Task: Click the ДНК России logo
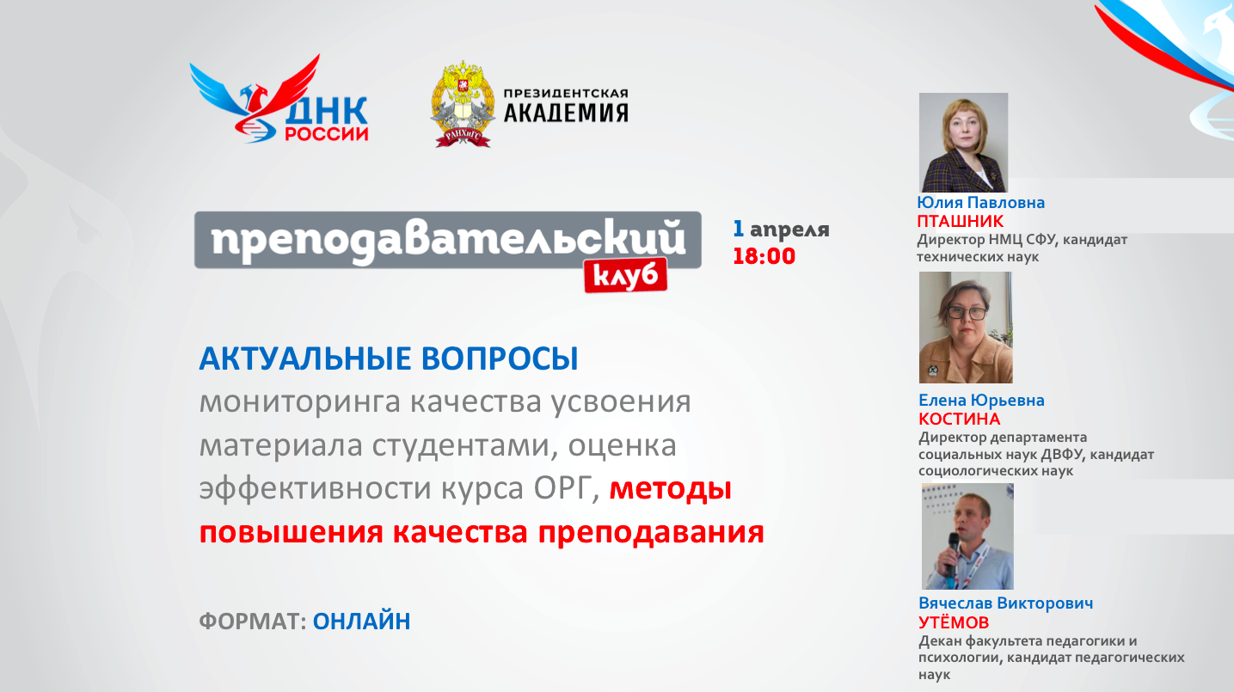tap(279, 101)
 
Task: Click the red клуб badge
tap(626, 274)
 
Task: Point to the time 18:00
tap(764, 255)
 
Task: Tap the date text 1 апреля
tap(781, 230)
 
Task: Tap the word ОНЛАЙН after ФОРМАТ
tap(361, 621)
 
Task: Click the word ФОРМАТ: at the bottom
tap(253, 621)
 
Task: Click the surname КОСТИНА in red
tap(959, 419)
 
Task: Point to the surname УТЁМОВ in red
tap(954, 622)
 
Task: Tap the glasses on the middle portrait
tap(967, 313)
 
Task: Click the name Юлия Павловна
tap(981, 203)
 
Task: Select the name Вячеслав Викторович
tap(1005, 603)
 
